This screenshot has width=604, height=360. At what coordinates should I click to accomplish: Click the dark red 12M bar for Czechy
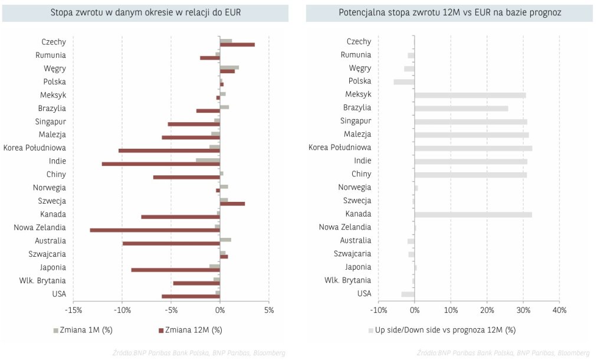237,44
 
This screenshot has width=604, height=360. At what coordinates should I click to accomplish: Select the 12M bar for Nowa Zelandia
155,230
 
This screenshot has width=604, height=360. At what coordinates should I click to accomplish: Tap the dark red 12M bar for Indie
160,163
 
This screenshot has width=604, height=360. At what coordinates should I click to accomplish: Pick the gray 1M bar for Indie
208,159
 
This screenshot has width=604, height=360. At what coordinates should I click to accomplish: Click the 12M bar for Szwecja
232,204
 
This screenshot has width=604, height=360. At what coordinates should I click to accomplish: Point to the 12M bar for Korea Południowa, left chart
169,150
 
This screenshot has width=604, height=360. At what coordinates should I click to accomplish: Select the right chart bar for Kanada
473,214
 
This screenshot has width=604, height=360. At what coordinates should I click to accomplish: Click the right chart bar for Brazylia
461,108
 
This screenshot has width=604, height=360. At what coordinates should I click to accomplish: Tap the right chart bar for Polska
404,81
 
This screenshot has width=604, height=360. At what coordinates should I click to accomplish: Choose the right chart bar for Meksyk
470,95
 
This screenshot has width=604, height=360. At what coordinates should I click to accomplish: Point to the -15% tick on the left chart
73,309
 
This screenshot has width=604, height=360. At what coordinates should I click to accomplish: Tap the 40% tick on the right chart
559,309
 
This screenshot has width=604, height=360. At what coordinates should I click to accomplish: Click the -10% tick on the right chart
378,309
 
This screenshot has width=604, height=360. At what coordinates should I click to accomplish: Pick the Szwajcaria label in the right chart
352,254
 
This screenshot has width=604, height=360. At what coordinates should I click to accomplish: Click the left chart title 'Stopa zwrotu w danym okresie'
146,12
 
